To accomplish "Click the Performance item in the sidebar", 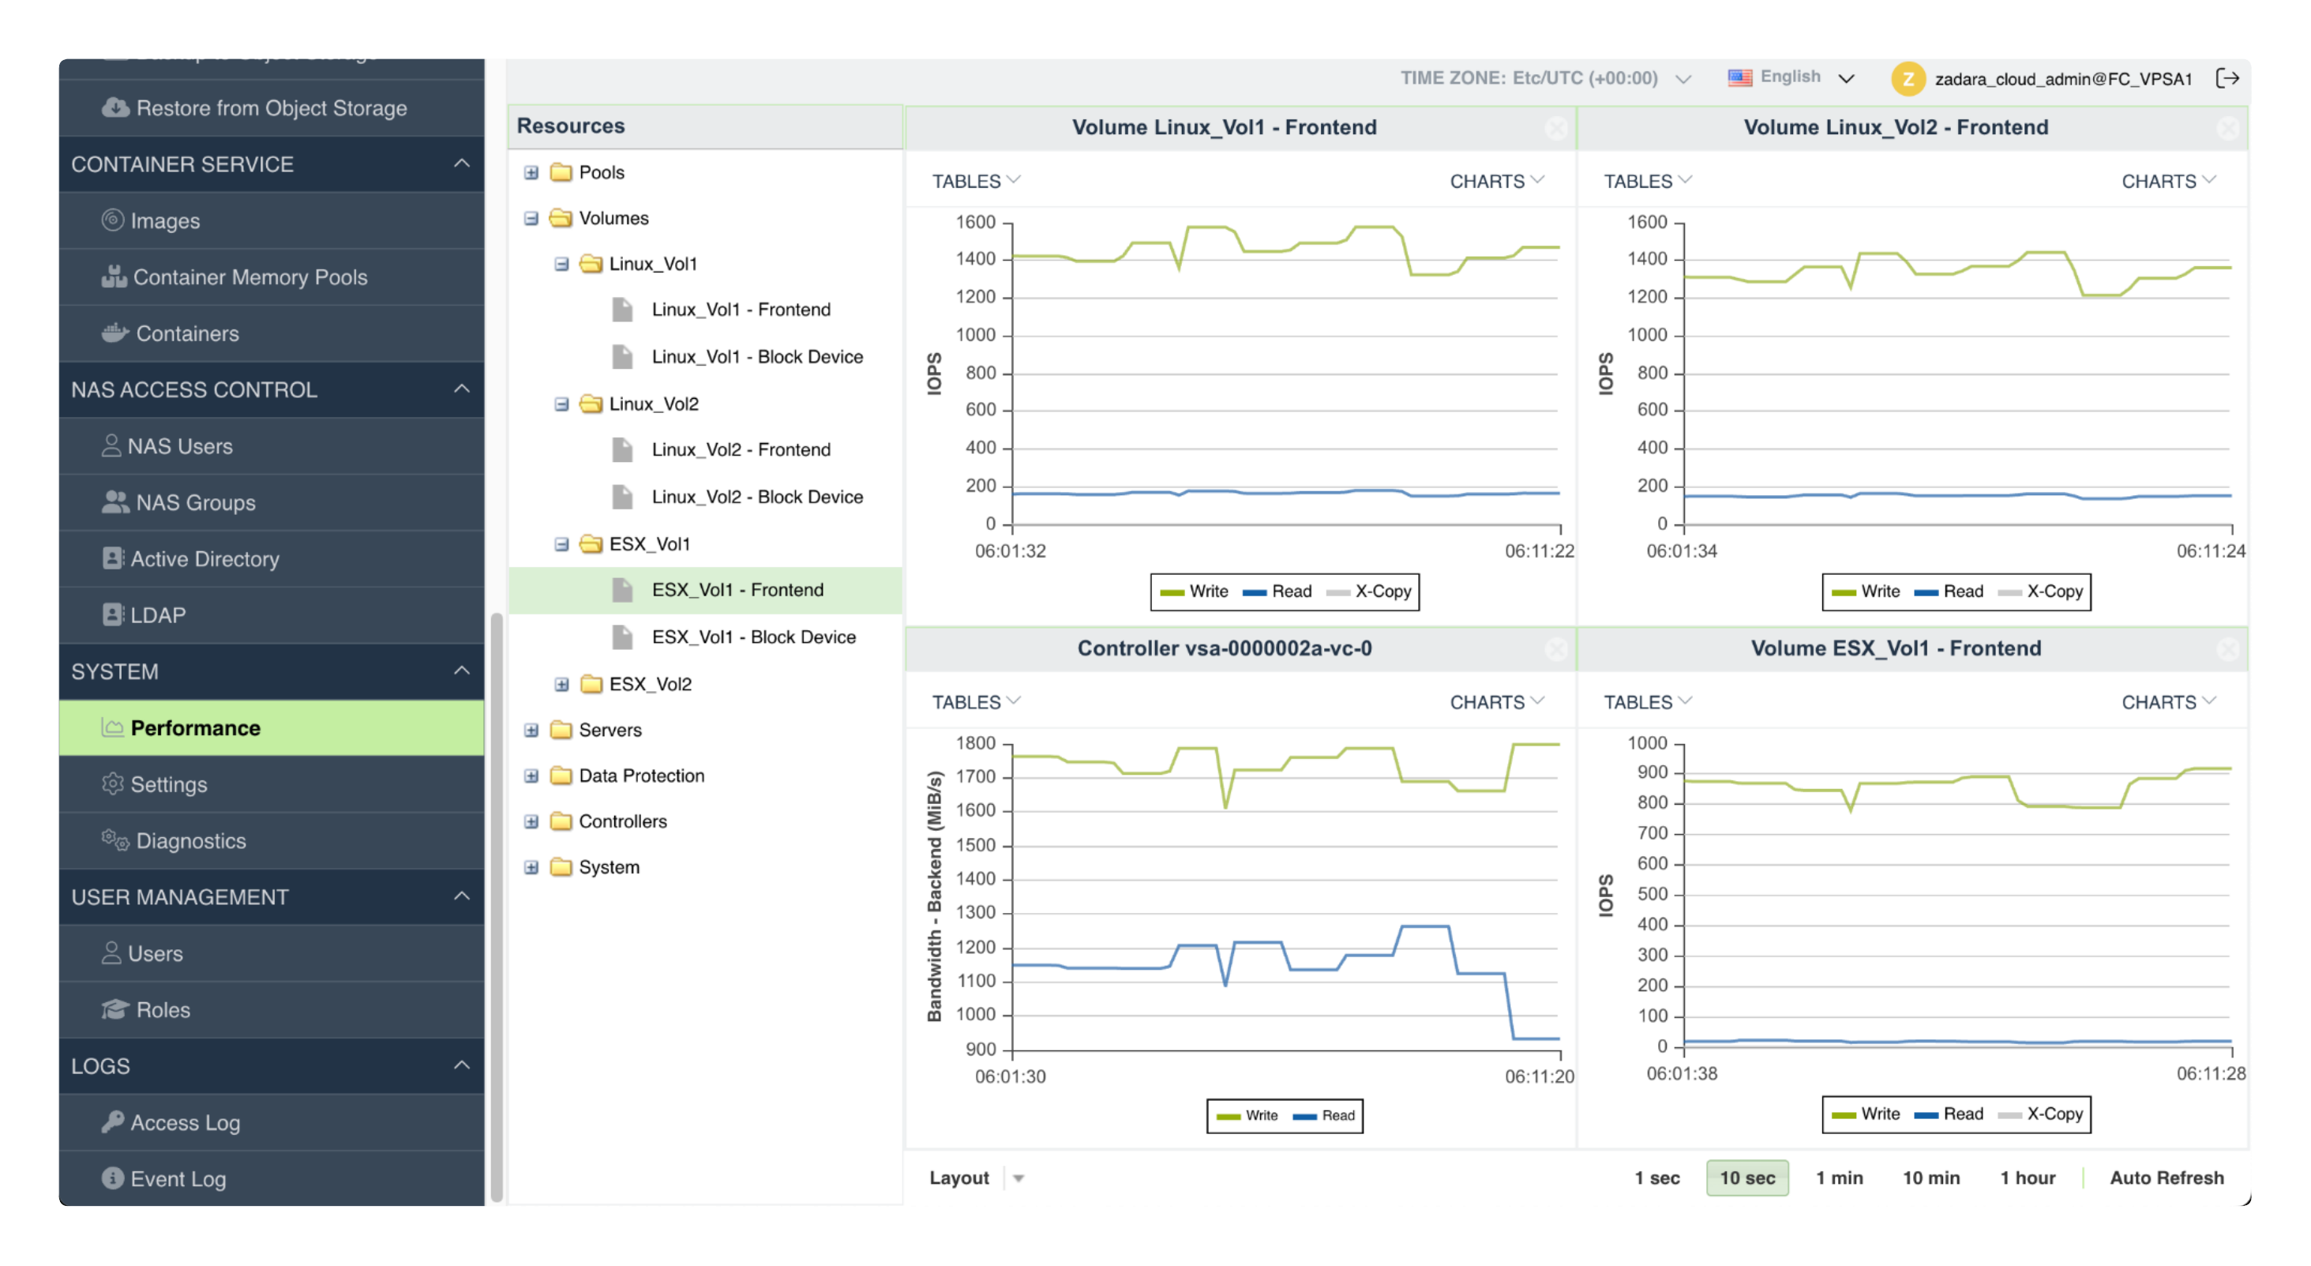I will (195, 727).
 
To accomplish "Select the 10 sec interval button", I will (1746, 1178).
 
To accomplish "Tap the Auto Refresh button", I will (2166, 1178).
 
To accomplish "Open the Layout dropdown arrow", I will (1019, 1178).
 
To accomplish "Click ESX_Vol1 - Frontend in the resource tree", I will (737, 589).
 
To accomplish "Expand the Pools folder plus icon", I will (531, 172).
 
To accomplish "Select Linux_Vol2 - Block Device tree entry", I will (756, 496).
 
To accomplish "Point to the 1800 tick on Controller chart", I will (975, 743).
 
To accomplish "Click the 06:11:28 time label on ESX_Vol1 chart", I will (2210, 1073).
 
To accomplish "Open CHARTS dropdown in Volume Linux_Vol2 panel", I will (2167, 181).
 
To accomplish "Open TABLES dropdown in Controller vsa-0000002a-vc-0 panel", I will (975, 701).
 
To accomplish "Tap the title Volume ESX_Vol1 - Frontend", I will (1895, 648).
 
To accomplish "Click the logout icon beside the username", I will (2227, 78).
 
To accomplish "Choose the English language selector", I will (1790, 77).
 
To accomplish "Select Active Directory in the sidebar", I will (204, 559).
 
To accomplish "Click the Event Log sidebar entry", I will (178, 1179).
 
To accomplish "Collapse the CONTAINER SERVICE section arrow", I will (461, 163).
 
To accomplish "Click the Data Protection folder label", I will (640, 776).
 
